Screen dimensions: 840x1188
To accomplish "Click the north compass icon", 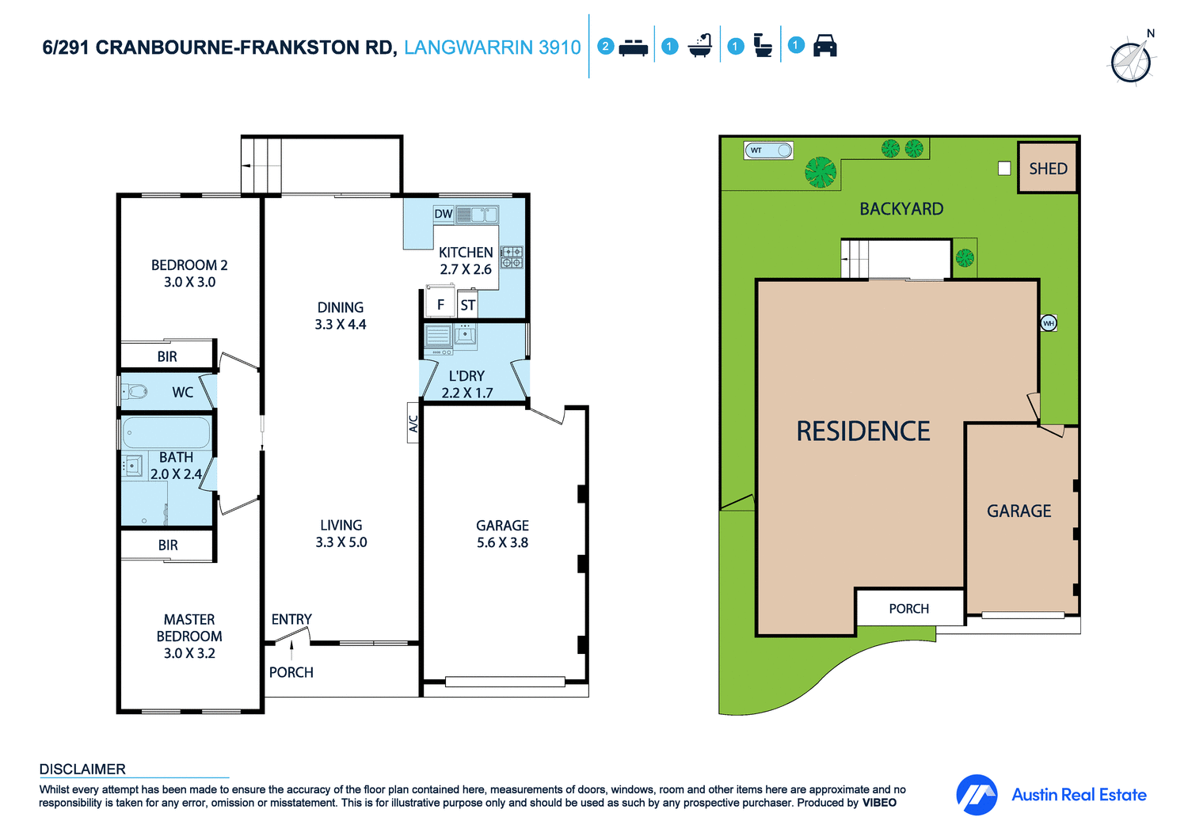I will [1132, 60].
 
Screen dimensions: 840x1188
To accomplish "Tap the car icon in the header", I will [825, 46].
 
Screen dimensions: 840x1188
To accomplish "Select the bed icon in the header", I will [633, 47].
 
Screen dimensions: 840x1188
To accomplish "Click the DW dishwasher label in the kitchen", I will [443, 214].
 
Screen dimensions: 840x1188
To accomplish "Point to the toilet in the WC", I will [136, 391].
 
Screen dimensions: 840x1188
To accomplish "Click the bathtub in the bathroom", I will [166, 433].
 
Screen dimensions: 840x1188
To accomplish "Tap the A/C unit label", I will [413, 424].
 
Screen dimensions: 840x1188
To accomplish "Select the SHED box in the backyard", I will [1047, 168].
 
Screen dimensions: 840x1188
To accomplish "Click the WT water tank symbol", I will [767, 150].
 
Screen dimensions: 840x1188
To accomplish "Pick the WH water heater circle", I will [1049, 323].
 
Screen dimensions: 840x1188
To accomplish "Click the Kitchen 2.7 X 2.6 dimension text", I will [466, 269].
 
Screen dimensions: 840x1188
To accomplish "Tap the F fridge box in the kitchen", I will [440, 305].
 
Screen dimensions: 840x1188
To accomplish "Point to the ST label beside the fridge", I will [468, 305].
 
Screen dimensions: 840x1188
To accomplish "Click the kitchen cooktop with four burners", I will [512, 257].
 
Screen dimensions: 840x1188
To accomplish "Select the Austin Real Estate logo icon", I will [977, 794].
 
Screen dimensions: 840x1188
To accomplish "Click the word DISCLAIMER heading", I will [82, 769].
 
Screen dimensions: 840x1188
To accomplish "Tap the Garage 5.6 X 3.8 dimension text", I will [502, 542].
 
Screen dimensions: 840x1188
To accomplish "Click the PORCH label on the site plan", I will [908, 608].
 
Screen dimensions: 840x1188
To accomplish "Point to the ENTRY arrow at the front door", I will [291, 649].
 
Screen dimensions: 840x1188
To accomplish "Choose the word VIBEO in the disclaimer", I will [879, 803].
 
